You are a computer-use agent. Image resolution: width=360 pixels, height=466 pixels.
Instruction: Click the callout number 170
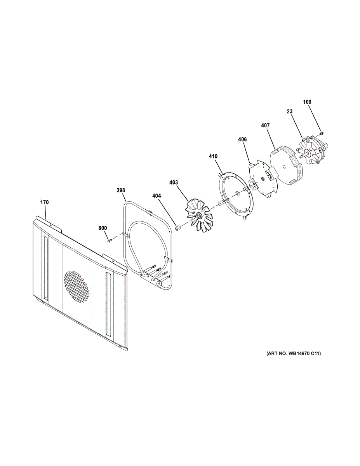click(45, 202)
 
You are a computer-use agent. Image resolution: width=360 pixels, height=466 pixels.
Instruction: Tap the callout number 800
click(103, 228)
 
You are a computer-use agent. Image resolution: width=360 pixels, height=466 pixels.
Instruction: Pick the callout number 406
click(242, 139)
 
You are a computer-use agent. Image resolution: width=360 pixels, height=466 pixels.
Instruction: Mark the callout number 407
click(266, 125)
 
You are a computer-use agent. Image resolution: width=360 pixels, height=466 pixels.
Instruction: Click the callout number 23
click(289, 111)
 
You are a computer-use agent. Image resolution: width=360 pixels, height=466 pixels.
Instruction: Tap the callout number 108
click(307, 102)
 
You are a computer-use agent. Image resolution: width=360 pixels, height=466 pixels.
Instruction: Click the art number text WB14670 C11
click(294, 354)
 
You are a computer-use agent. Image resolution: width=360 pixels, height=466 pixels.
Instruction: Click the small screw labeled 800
click(110, 240)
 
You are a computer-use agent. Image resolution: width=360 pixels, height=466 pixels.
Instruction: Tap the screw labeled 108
click(322, 134)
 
